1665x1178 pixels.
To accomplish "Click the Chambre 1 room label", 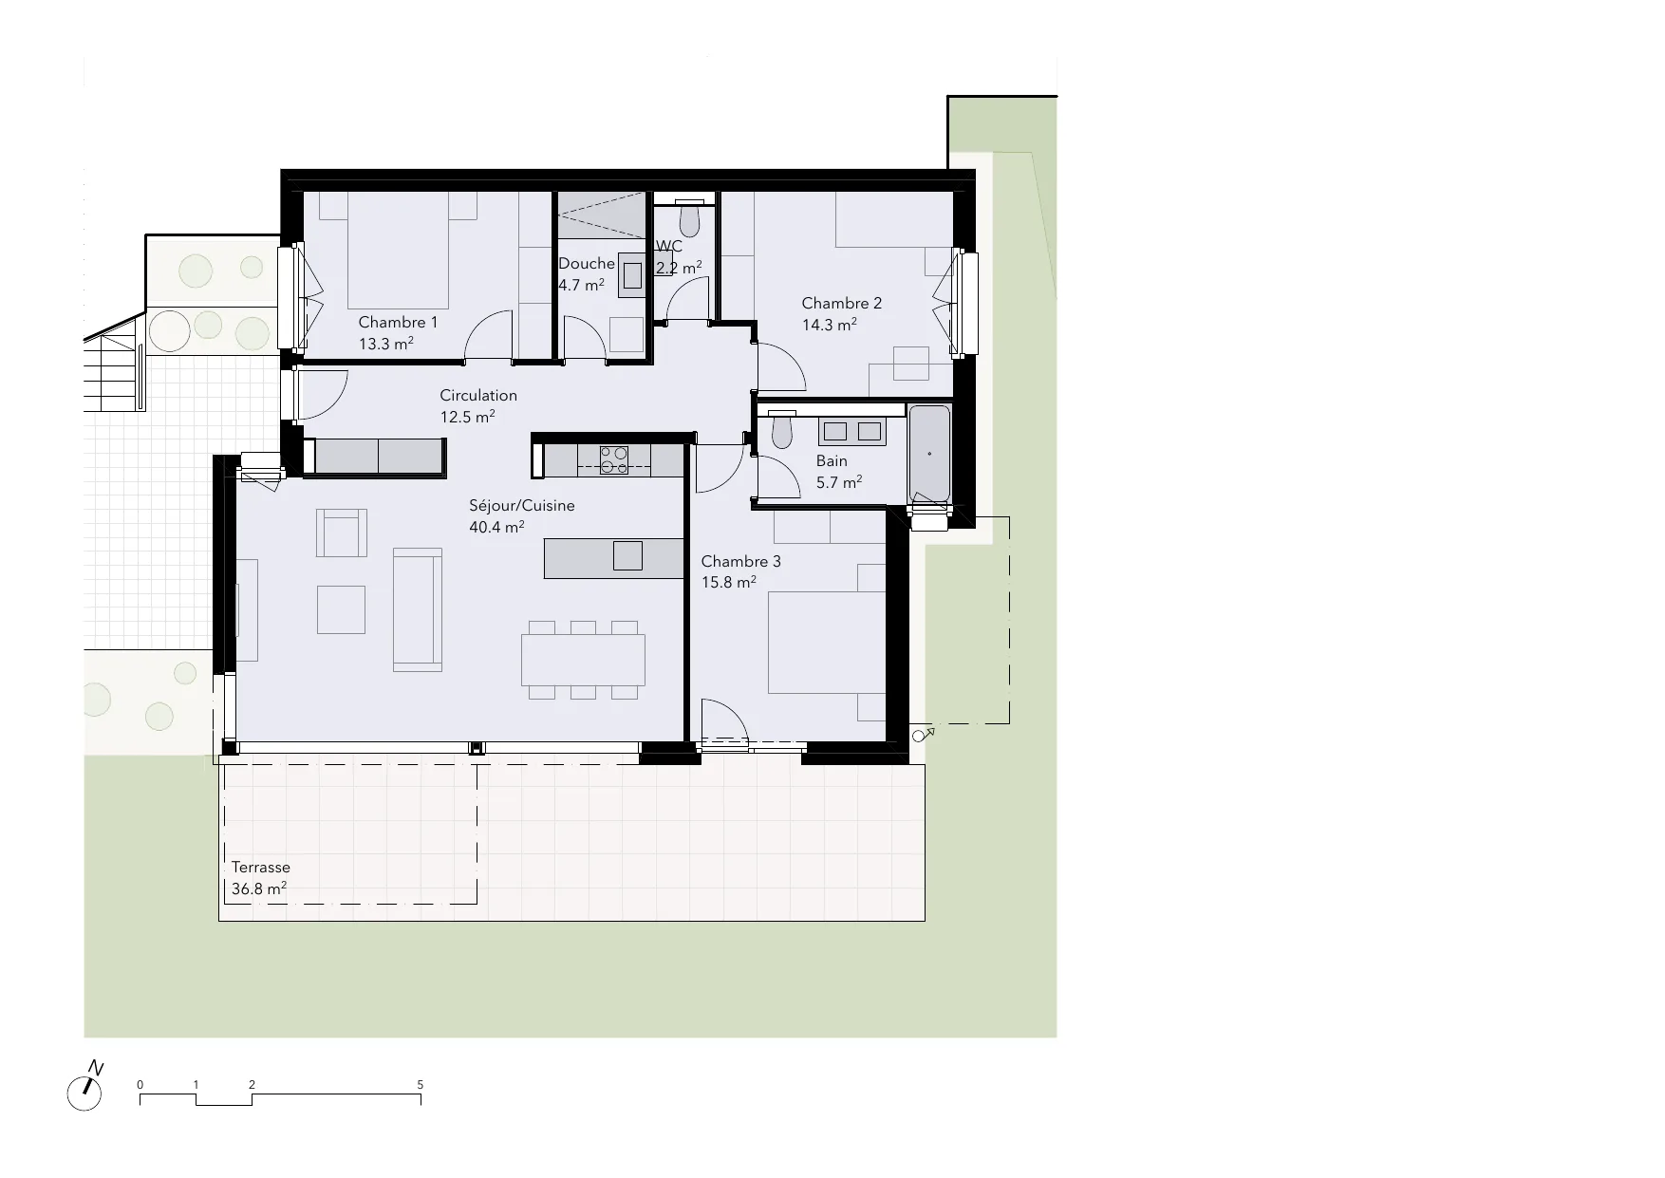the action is click(398, 323).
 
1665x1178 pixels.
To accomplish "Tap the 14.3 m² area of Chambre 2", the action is click(830, 325).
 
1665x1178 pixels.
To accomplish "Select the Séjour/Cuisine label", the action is click(522, 506).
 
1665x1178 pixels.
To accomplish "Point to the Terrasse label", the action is click(261, 868).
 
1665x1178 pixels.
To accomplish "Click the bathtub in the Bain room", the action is click(929, 454).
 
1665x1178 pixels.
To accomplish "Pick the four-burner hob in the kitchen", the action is click(614, 459).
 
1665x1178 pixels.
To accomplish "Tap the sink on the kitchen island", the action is click(627, 555).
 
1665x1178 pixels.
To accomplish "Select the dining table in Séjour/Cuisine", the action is click(583, 660).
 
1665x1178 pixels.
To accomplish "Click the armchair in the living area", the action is click(341, 533).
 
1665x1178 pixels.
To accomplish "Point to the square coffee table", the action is click(341, 609).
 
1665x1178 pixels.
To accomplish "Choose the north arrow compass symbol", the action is click(85, 1089).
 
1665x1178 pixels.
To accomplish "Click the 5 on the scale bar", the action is click(421, 1085).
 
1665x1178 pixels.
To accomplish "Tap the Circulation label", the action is click(478, 396).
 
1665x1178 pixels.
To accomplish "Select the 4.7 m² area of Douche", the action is click(581, 285).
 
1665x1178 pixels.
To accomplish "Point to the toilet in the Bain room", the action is click(782, 432).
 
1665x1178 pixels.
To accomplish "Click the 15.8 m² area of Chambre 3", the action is click(729, 583).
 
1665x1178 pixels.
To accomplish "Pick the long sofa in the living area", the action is click(418, 609).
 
